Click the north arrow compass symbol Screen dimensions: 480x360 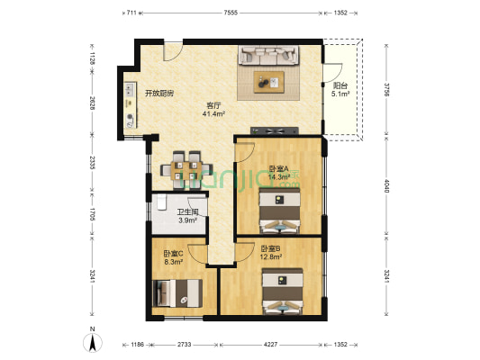point(93,342)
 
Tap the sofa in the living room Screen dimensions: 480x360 point(268,55)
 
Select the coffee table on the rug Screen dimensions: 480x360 point(268,82)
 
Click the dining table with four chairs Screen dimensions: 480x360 point(186,170)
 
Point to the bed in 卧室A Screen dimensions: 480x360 point(279,211)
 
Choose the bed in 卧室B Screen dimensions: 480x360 point(283,292)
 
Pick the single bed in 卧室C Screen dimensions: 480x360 point(177,293)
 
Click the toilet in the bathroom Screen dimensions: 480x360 point(161,202)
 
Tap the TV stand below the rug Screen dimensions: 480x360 point(275,130)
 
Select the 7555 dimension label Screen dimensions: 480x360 point(231,13)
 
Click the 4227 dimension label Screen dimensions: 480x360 point(270,345)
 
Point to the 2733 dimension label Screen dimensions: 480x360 point(185,345)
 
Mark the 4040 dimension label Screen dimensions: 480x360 point(386,186)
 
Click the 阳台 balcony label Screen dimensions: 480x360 point(340,85)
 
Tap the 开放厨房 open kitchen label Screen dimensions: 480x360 point(159,94)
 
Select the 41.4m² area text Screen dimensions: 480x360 point(213,114)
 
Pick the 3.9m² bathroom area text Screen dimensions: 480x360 point(187,220)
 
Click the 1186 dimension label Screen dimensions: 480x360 point(138,345)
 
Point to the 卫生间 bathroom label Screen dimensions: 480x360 point(187,212)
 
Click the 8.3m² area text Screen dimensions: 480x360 point(174,262)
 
